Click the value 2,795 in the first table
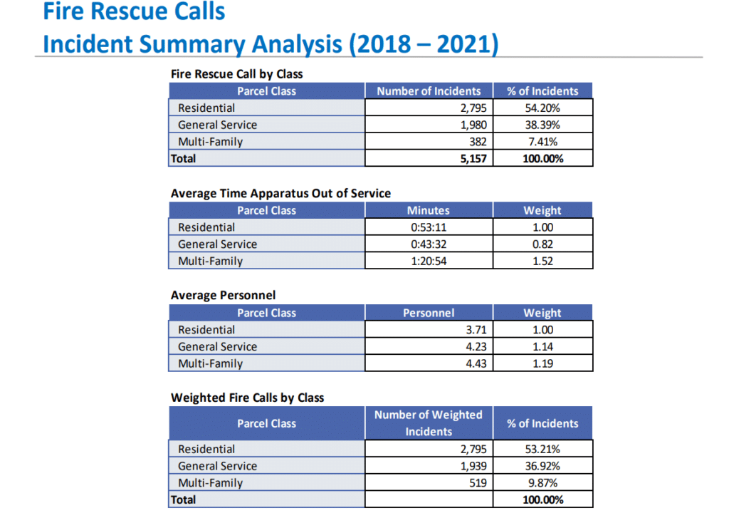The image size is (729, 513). point(472,108)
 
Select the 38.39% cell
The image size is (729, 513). point(542,125)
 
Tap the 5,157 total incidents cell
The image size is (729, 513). point(471,158)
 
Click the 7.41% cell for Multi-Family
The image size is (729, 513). point(542,141)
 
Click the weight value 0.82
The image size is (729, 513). point(542,244)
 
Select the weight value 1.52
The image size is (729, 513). point(542,261)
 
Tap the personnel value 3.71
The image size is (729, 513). point(474,330)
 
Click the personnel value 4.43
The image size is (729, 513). point(474,363)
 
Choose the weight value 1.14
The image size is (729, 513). point(542,346)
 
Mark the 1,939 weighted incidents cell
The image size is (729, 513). point(472,466)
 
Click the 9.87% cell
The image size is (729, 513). point(542,482)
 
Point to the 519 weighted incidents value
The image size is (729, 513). point(477,482)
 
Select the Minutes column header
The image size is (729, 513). point(428,210)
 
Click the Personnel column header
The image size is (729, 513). point(428,313)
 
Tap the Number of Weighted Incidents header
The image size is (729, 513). point(428,423)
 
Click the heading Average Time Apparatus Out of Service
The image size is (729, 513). point(280,193)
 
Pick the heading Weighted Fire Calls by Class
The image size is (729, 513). point(247,398)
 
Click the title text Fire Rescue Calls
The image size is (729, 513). point(134,12)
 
